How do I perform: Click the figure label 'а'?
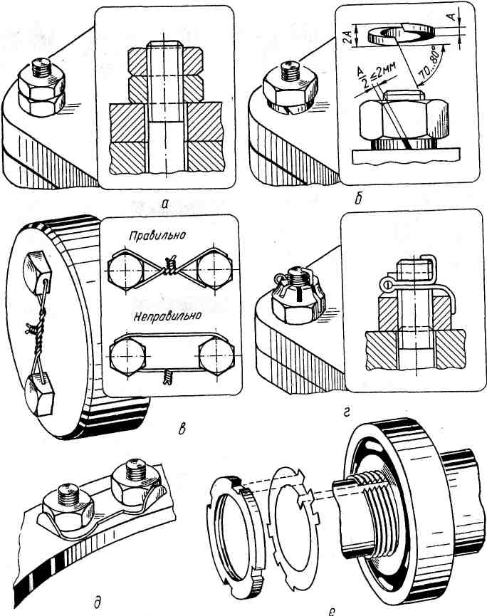point(165,204)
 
